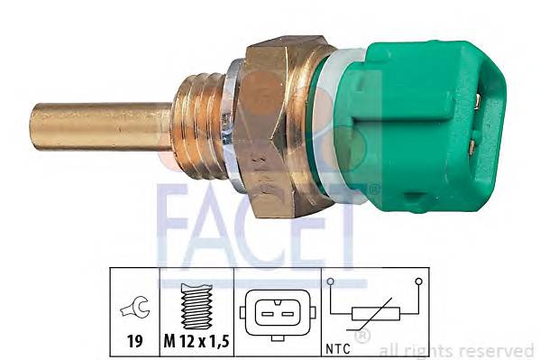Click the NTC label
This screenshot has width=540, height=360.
coord(339,346)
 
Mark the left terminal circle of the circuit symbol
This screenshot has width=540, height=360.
coord(332,282)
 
